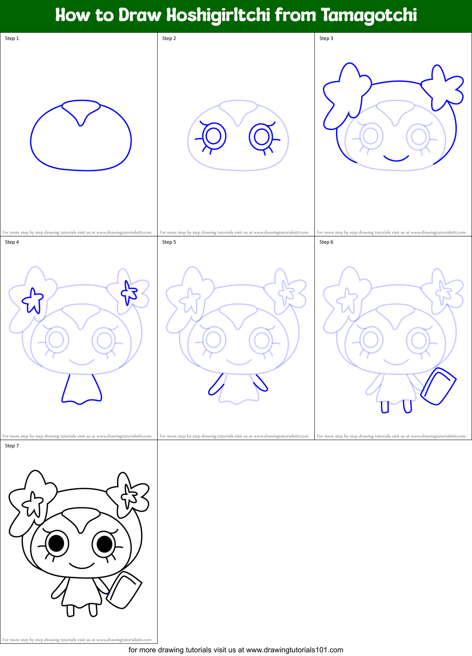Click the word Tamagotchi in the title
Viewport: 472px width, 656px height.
point(369,16)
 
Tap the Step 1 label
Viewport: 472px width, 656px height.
point(12,38)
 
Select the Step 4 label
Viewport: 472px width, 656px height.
point(12,242)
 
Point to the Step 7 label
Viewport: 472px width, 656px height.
point(12,446)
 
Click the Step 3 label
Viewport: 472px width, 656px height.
point(326,38)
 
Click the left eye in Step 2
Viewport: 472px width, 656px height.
point(214,136)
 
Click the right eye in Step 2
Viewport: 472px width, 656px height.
point(261,137)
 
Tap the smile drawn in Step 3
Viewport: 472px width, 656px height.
point(396,158)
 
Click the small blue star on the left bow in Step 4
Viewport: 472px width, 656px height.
point(33,300)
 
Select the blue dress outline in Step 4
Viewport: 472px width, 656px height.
point(81,390)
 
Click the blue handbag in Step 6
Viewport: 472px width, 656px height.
point(438,387)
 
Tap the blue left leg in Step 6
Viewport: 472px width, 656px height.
point(385,407)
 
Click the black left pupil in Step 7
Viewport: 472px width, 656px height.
point(56,543)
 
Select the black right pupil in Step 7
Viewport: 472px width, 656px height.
point(105,543)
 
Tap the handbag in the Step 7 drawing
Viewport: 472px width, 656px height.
point(124,590)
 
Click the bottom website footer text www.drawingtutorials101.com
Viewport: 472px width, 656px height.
point(294,650)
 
